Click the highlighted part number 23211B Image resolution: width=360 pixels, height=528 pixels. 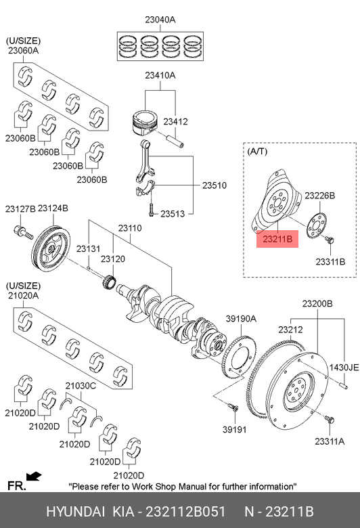277,239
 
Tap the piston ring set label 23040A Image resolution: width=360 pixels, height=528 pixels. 160,20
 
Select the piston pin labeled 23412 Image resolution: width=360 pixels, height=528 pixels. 175,139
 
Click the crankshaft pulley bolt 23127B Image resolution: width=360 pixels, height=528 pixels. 23,232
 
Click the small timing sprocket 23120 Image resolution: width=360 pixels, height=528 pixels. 110,282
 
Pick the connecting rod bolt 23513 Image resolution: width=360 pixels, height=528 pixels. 151,208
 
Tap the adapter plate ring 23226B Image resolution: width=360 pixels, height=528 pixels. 316,225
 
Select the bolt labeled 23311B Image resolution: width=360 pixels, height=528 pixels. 330,240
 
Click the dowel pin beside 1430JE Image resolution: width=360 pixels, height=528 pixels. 344,384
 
